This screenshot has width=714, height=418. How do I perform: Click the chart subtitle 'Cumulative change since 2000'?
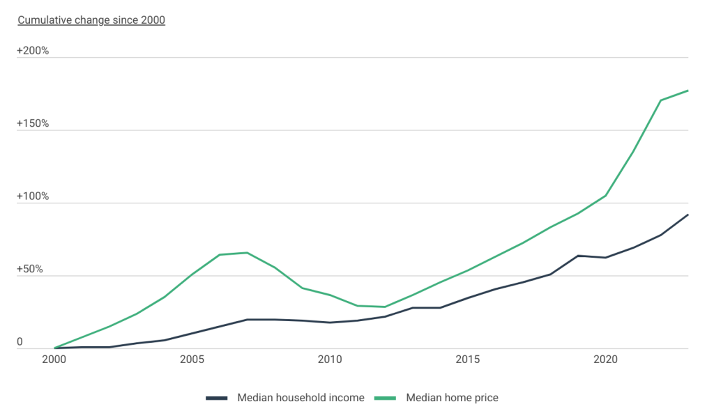pos(91,20)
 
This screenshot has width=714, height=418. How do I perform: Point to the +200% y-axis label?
pos(33,51)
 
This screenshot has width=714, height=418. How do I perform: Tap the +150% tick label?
pos(33,123)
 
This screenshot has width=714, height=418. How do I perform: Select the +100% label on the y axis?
pos(33,196)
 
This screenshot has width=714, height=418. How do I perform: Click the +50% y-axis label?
pos(30,269)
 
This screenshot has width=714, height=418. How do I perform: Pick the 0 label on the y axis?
pos(20,341)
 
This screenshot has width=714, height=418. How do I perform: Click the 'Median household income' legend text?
pos(301,397)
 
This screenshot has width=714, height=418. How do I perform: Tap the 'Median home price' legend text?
pos(453,397)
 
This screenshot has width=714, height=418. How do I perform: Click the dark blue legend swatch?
pos(218,398)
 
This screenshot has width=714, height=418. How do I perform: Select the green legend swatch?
pos(386,398)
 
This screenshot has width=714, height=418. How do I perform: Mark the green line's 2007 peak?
pos(247,252)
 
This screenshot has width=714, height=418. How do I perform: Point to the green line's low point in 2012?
pos(385,307)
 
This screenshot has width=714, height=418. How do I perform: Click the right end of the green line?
pos(688,90)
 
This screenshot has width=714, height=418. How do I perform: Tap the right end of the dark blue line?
pos(688,214)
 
